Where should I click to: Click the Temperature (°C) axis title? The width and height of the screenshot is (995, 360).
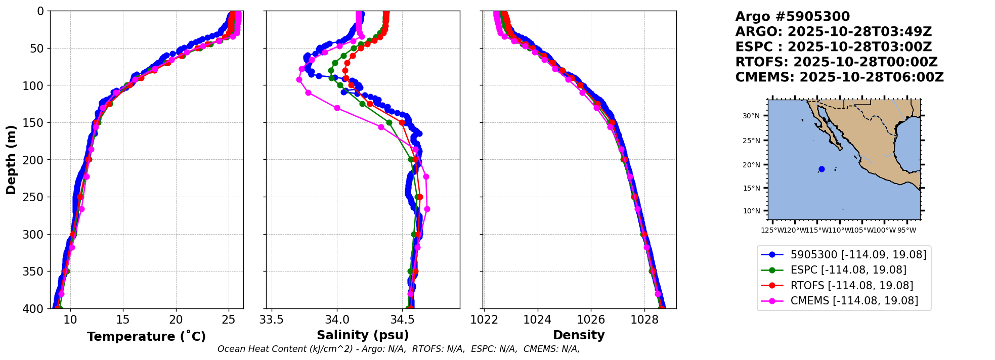tap(146, 337)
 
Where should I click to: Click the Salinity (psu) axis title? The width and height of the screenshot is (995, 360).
tap(363, 335)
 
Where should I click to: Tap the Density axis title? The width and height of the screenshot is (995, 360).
tap(579, 335)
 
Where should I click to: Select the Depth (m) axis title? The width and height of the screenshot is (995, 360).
tap(11, 160)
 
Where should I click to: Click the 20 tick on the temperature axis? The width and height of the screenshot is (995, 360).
tap(176, 320)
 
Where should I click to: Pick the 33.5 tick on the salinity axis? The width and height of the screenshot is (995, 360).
tap(272, 320)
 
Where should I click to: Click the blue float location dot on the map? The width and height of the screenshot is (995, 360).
tap(821, 169)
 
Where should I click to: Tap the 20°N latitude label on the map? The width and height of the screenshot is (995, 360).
tap(751, 165)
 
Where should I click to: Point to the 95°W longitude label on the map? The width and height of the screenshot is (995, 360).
tap(906, 231)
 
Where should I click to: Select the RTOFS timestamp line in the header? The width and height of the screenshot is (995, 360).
tap(836, 62)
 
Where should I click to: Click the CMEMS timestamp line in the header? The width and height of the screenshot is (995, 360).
tap(839, 77)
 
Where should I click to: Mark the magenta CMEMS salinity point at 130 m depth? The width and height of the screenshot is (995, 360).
tap(337, 108)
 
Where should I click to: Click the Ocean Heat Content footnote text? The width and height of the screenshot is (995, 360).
tap(398, 349)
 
